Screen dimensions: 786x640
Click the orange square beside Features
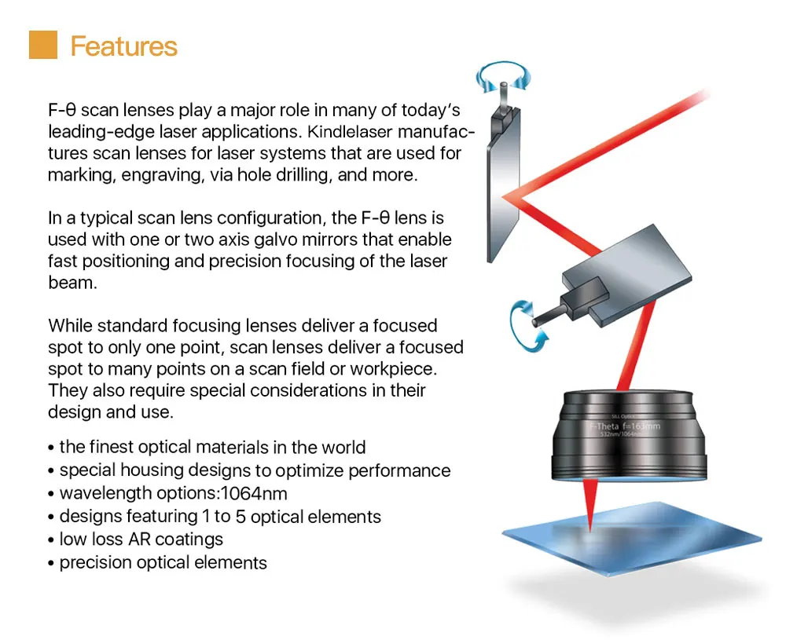point(43,45)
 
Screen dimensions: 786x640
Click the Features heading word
point(124,46)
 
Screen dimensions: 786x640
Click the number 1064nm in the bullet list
point(254,493)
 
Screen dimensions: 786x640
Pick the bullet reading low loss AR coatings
point(135,539)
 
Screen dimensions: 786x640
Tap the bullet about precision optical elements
point(157,562)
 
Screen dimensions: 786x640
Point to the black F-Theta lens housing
point(630,436)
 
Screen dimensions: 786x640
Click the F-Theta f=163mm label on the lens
point(625,426)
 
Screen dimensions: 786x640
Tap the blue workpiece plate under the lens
point(632,539)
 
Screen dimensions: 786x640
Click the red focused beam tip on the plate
point(590,530)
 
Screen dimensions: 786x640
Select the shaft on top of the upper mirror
point(503,95)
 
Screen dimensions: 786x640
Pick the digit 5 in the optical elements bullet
point(241,516)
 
